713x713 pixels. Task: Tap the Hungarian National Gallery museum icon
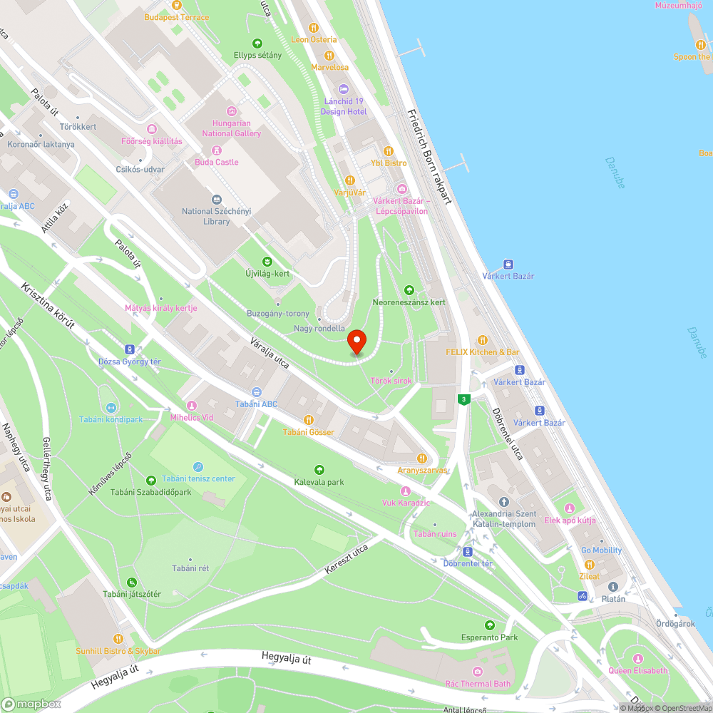231,111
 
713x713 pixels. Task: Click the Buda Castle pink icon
217,150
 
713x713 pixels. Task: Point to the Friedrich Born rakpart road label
430,157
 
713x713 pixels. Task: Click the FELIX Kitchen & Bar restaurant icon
483,340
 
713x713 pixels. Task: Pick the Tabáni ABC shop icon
257,392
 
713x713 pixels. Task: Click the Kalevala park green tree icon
319,470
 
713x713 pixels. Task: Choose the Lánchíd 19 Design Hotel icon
344,89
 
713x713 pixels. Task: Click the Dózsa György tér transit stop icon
129,349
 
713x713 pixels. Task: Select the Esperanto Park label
489,637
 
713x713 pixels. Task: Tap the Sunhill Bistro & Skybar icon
118,639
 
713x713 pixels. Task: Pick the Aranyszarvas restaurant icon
422,458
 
